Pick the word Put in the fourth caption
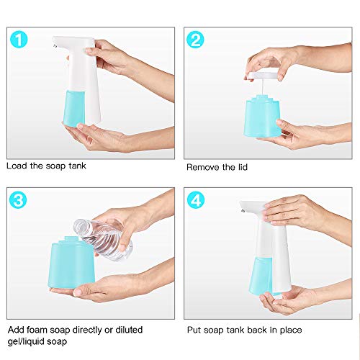(194, 330)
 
